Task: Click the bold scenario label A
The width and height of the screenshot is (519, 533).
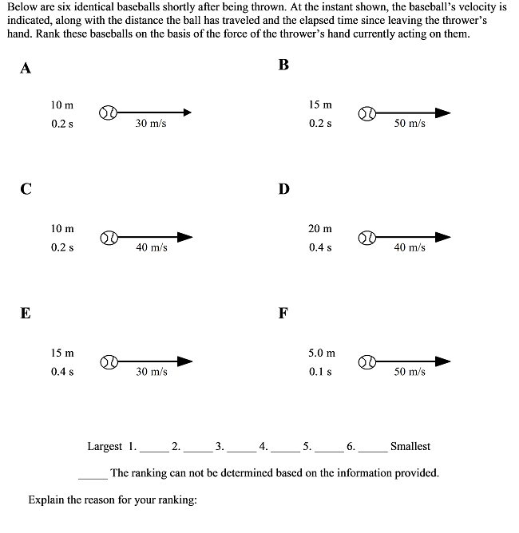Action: tap(26, 68)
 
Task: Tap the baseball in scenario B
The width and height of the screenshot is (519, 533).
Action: tap(367, 113)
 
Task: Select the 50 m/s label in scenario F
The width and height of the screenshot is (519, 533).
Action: tap(410, 372)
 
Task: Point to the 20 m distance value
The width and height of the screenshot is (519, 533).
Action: tap(320, 229)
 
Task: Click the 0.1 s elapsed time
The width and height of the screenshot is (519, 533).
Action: tap(320, 372)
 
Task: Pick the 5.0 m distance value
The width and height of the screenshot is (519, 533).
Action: tap(322, 353)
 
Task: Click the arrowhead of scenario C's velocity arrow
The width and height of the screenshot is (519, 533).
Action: tap(185, 237)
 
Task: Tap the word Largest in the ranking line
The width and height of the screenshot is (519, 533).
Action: tap(105, 447)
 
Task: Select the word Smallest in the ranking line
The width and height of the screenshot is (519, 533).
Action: tap(410, 447)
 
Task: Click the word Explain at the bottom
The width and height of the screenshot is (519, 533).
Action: tap(46, 500)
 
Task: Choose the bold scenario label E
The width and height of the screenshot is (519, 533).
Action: tap(26, 314)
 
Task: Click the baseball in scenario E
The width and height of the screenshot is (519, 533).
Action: tap(109, 362)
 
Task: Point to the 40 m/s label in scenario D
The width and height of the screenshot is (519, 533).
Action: tap(410, 248)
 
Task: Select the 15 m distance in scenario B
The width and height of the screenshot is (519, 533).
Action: tap(320, 105)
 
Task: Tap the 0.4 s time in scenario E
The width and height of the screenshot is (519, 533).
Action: tap(62, 372)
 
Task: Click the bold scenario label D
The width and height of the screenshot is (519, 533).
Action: tap(284, 189)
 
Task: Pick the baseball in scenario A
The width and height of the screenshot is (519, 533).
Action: tap(109, 113)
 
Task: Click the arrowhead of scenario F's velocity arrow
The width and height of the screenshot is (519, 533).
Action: tap(442, 361)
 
